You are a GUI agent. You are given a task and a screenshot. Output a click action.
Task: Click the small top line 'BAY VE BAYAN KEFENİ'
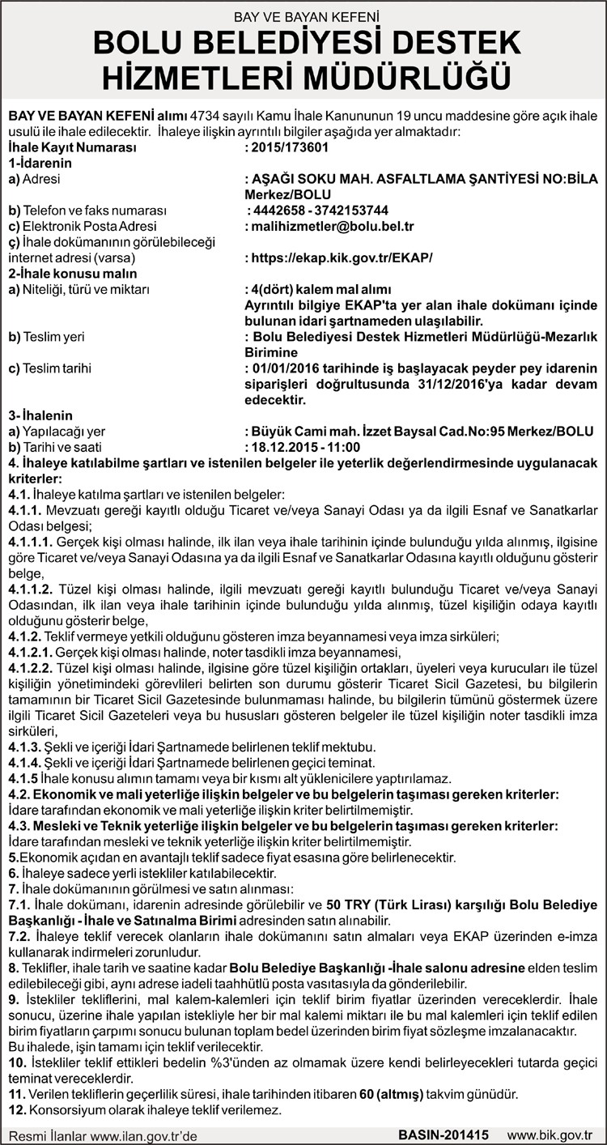click(303, 15)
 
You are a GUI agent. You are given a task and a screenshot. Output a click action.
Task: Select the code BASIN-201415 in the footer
click(444, 1135)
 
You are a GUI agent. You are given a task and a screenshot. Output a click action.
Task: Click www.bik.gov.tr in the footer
click(554, 1135)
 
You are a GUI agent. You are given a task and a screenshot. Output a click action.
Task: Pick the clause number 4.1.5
click(23, 779)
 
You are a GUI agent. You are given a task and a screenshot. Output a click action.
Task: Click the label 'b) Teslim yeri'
click(46, 336)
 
